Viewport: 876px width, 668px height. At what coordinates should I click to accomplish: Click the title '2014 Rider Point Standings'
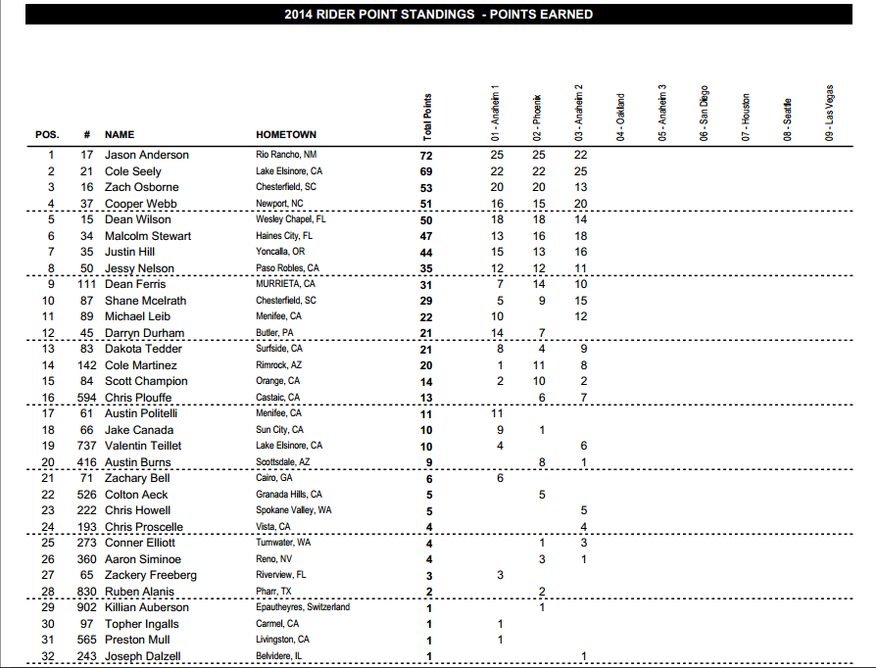tap(438, 15)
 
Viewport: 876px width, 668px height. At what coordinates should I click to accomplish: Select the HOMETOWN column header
tap(286, 134)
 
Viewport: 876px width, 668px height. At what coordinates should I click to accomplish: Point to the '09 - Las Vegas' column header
tap(830, 114)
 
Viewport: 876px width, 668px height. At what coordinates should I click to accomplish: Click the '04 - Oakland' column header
tap(620, 119)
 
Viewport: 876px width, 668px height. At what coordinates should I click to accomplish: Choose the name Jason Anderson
tap(147, 155)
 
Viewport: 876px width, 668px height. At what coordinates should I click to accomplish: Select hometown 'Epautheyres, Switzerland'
tap(302, 607)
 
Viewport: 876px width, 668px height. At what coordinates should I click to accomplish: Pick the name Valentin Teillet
tap(145, 446)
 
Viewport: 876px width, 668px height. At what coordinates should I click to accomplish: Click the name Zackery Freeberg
tap(151, 575)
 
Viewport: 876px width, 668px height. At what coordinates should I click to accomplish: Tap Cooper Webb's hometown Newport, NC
tap(281, 204)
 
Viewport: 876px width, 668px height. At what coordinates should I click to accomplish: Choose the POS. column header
tap(47, 134)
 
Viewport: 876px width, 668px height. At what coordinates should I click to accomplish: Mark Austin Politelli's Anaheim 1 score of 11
tap(497, 413)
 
